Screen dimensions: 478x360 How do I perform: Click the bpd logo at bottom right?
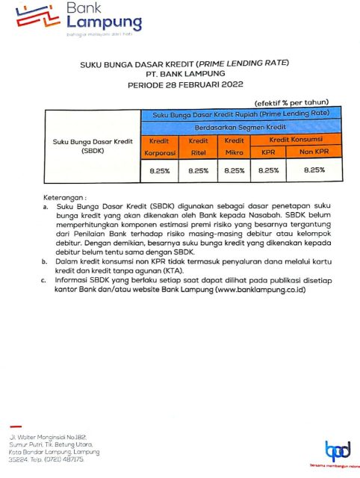point(337,450)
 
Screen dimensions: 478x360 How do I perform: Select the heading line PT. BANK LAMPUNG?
point(179,75)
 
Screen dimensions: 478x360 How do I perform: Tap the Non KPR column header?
point(315,152)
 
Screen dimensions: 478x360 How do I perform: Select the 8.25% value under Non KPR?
point(315,171)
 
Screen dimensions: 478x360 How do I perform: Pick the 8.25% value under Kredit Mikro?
point(234,171)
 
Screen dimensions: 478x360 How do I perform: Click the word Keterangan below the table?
point(64,196)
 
